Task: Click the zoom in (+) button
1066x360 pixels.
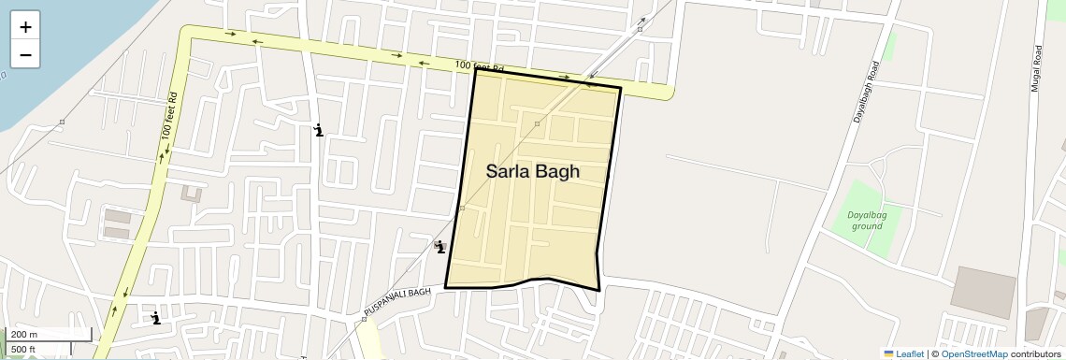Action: (x=25, y=27)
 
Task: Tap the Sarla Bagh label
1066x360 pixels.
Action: (x=532, y=172)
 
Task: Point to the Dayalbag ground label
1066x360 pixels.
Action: (x=866, y=220)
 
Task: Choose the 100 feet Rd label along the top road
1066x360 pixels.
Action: (x=479, y=66)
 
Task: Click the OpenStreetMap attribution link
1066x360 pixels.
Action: (x=973, y=353)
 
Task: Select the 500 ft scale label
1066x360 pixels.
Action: (x=23, y=349)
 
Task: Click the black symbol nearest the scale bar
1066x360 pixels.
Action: (x=156, y=318)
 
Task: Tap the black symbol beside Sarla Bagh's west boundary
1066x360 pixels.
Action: (x=439, y=247)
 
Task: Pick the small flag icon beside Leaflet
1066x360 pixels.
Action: (x=888, y=353)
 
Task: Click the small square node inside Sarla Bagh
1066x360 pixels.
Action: (x=537, y=123)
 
